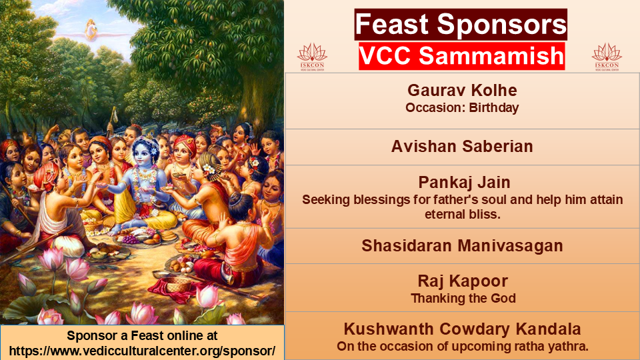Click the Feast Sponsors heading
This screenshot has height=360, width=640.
[461, 24]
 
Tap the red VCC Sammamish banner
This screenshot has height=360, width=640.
[461, 56]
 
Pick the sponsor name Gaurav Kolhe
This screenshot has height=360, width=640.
[462, 90]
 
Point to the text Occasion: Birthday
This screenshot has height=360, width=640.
[462, 108]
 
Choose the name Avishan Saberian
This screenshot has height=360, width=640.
[462, 147]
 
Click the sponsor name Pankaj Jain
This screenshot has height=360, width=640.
[464, 183]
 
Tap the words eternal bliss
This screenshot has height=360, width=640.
[463, 214]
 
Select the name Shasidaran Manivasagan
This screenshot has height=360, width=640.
[462, 246]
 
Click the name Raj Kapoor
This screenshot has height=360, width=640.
[463, 281]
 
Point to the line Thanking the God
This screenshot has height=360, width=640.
[463, 299]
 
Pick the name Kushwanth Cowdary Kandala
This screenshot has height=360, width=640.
[462, 329]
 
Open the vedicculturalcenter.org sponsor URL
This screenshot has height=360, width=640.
[142, 351]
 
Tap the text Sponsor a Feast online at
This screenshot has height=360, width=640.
[142, 335]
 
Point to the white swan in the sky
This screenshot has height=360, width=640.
[91, 30]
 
